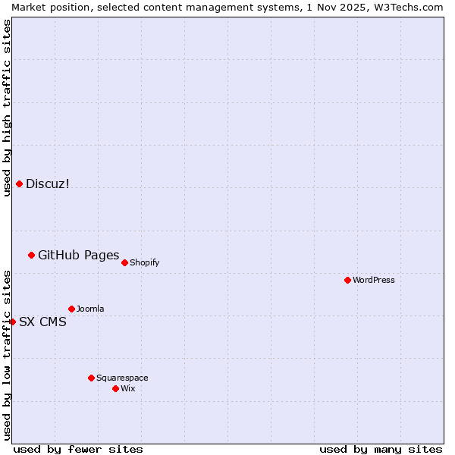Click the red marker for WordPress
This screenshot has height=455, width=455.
(347, 280)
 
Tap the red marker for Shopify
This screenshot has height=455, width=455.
(124, 262)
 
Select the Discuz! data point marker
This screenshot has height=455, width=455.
(19, 184)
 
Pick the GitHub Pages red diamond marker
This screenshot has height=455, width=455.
(31, 255)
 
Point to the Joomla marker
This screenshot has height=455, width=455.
(71, 309)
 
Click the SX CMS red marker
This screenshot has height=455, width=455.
(12, 322)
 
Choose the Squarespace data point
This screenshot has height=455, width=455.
(91, 378)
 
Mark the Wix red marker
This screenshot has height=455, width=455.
(115, 388)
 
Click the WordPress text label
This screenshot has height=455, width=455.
(374, 280)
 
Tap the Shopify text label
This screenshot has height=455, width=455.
(144, 262)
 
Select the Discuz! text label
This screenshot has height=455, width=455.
(48, 184)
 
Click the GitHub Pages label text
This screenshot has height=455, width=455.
(78, 255)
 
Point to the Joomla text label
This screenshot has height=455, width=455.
(90, 309)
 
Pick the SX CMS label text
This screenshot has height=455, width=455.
(42, 322)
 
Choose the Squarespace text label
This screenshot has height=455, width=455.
(122, 378)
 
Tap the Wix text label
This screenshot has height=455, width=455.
(127, 388)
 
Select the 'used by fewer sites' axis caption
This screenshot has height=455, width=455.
(78, 449)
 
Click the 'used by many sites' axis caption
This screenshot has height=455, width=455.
(381, 449)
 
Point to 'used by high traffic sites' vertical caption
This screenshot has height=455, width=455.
(7, 108)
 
